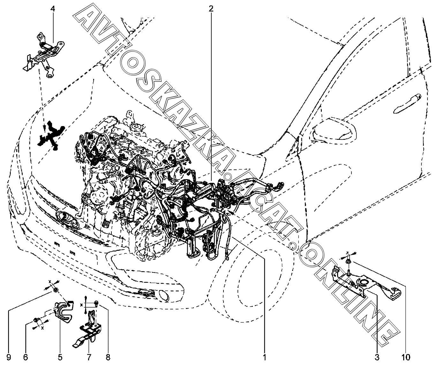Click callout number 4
click(x=53, y=9)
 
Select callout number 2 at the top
click(x=211, y=9)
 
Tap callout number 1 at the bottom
click(x=265, y=357)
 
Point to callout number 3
click(x=377, y=357)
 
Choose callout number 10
click(x=406, y=357)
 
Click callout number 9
click(x=9, y=357)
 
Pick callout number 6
click(x=26, y=357)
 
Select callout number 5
click(x=60, y=357)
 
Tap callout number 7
click(x=89, y=357)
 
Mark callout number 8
click(x=108, y=357)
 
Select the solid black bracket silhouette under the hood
click(x=51, y=135)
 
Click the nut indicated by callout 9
click(x=56, y=290)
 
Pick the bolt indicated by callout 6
click(x=36, y=320)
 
